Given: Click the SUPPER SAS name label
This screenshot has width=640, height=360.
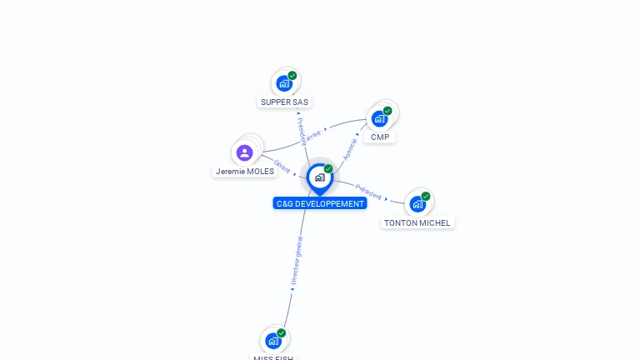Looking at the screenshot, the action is [284, 102].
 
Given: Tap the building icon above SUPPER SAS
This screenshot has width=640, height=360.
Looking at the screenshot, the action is [284, 83].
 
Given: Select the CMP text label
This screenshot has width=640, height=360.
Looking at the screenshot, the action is [380, 137].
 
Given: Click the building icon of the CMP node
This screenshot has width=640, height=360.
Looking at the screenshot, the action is [380, 118].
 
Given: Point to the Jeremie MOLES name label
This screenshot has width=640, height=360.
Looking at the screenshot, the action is [245, 172].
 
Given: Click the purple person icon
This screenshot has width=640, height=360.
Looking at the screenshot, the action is [244, 152].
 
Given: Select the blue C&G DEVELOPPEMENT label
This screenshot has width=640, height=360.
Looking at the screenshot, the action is [320, 203].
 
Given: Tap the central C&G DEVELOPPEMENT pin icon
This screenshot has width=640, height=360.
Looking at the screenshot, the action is [319, 177].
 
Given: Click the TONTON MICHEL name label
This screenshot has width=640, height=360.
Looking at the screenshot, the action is [417, 223].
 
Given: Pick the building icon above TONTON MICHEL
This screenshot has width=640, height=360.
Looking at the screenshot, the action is [417, 204].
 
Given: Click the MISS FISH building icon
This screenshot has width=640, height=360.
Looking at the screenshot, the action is [273, 340].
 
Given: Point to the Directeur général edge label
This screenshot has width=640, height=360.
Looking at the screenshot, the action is [296, 261].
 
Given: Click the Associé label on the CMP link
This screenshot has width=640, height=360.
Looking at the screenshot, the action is [351, 148].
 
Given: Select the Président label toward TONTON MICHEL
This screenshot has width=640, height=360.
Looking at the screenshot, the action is [368, 191].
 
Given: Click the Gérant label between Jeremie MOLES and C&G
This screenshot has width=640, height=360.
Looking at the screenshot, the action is [282, 167].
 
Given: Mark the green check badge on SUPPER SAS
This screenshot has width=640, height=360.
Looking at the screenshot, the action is [292, 76].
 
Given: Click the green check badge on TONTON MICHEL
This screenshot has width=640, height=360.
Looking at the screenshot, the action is [426, 197].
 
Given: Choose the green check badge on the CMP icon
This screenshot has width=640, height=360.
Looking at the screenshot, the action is [387, 111].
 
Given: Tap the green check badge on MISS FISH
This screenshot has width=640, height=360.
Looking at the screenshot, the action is [282, 332].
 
